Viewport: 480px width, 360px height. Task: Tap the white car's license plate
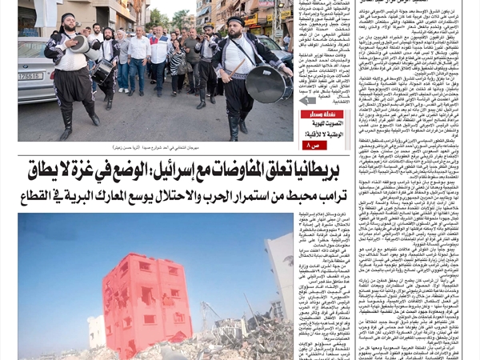pyautogui.click(x=30, y=76)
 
